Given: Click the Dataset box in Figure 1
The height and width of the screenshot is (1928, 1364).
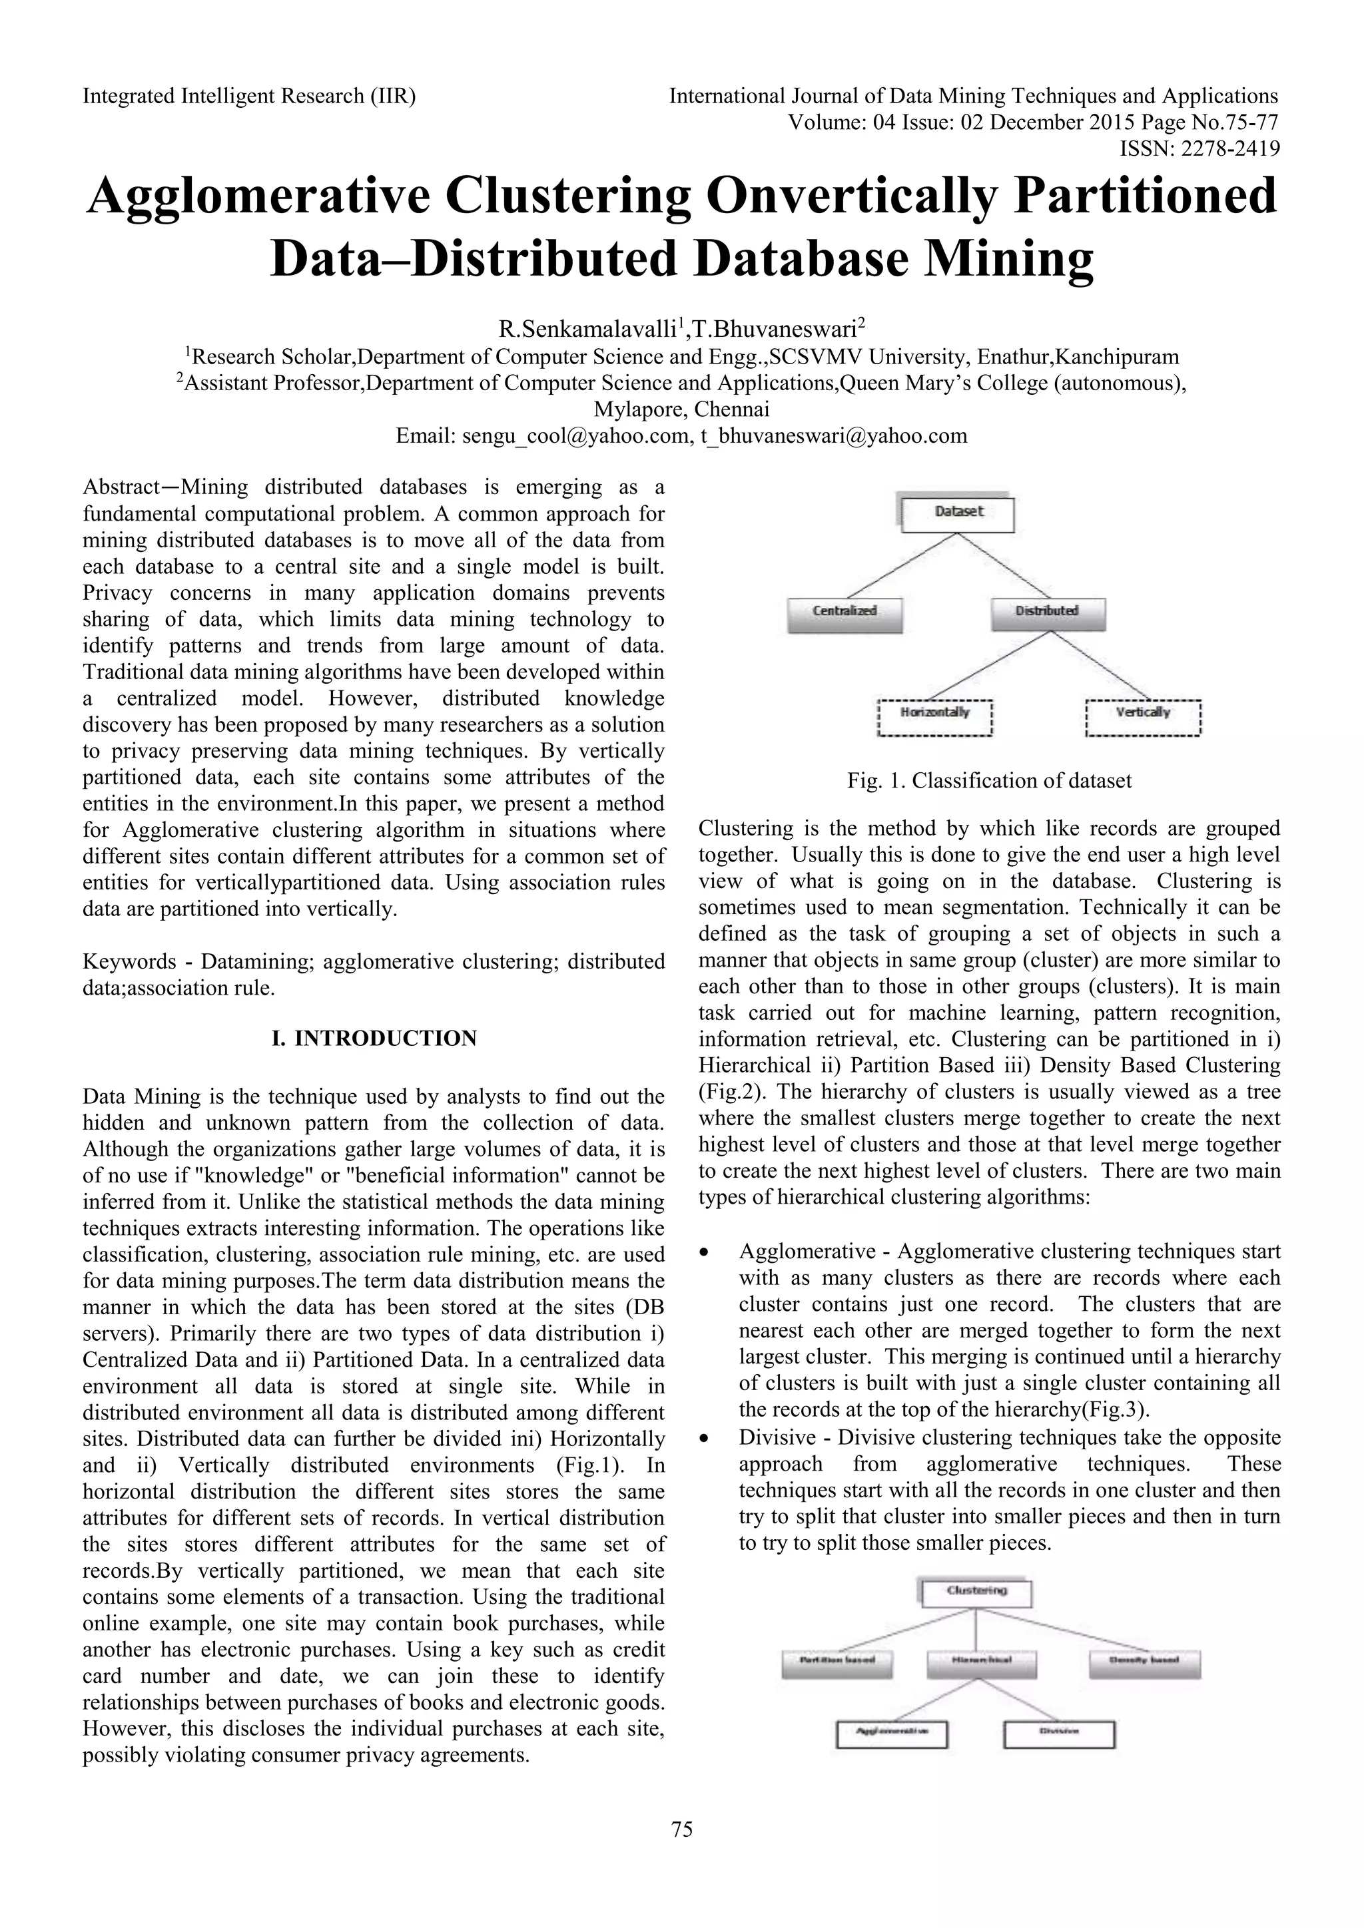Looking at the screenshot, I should [x=958, y=514].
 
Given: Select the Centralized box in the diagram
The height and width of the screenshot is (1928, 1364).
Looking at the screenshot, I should [x=844, y=613].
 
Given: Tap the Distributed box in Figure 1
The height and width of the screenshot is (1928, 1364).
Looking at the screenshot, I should [x=1048, y=613].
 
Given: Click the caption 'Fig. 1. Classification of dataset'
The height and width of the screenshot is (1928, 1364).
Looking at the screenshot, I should [x=988, y=781].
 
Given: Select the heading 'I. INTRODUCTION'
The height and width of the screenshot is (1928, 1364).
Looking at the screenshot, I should [x=374, y=1039].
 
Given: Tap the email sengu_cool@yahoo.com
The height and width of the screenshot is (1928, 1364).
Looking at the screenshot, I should [x=541, y=437].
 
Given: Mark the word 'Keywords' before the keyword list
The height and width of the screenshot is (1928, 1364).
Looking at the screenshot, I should [x=129, y=961].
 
